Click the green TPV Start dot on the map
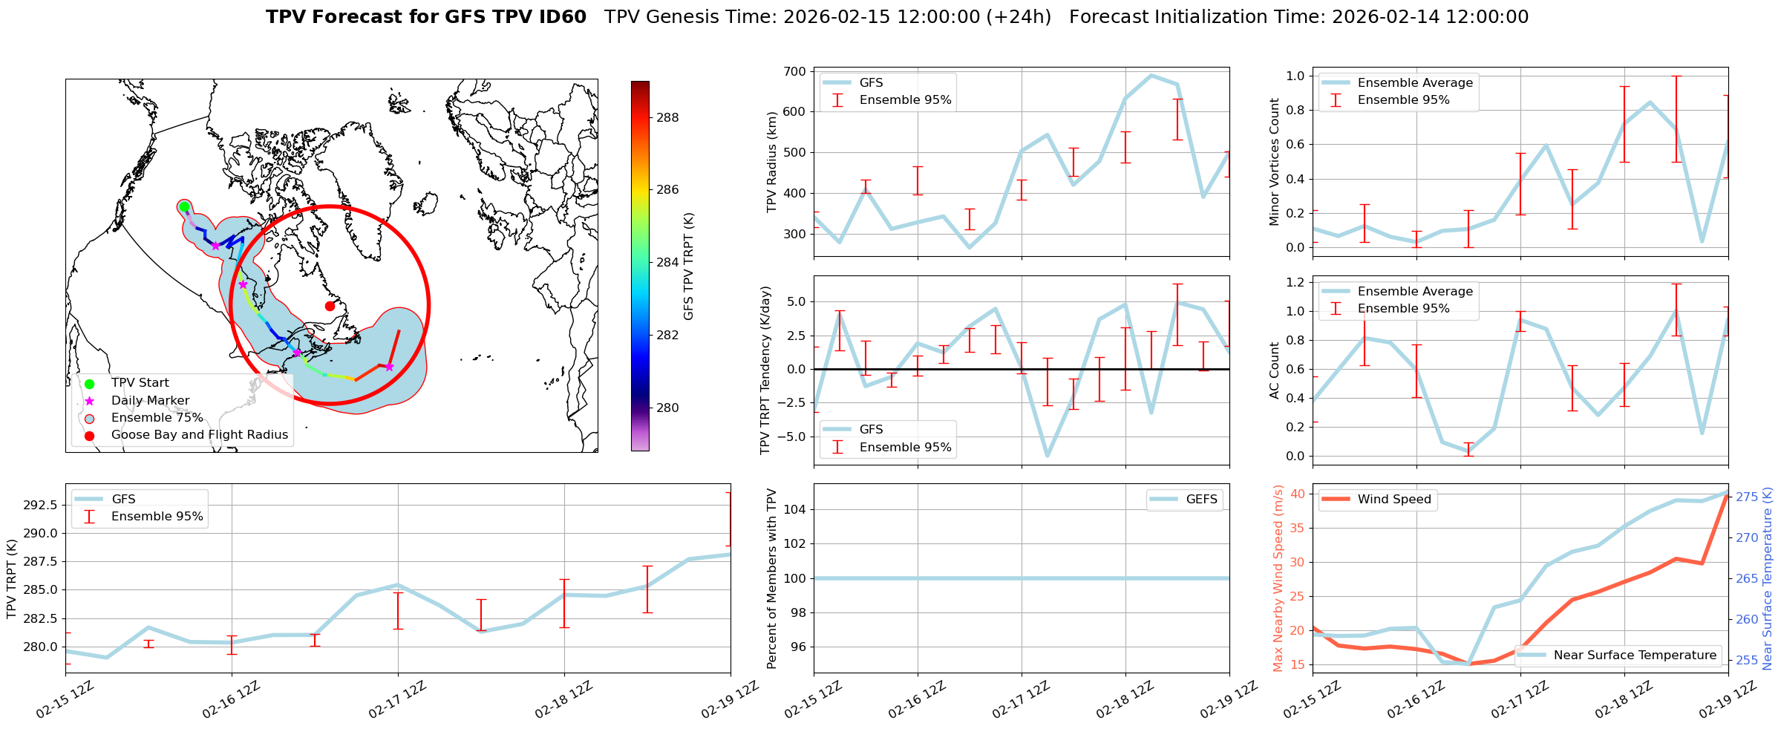click(184, 206)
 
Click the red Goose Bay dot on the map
click(330, 306)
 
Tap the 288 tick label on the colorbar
click(667, 117)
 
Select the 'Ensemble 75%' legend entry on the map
click(157, 418)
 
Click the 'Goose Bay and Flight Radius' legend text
click(199, 435)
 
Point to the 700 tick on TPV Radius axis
click(795, 72)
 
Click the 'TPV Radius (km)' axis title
click(772, 162)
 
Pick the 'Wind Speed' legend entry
click(1393, 500)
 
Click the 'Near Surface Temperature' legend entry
click(1635, 655)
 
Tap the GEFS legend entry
click(1201, 500)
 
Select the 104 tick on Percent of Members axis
click(794, 509)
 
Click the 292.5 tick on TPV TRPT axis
click(42, 506)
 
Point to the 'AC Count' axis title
click(1275, 370)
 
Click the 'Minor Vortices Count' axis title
click(1275, 162)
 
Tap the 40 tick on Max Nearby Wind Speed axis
click(1298, 494)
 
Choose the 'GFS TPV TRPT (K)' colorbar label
click(689, 267)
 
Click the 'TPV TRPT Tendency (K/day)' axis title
click(766, 370)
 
